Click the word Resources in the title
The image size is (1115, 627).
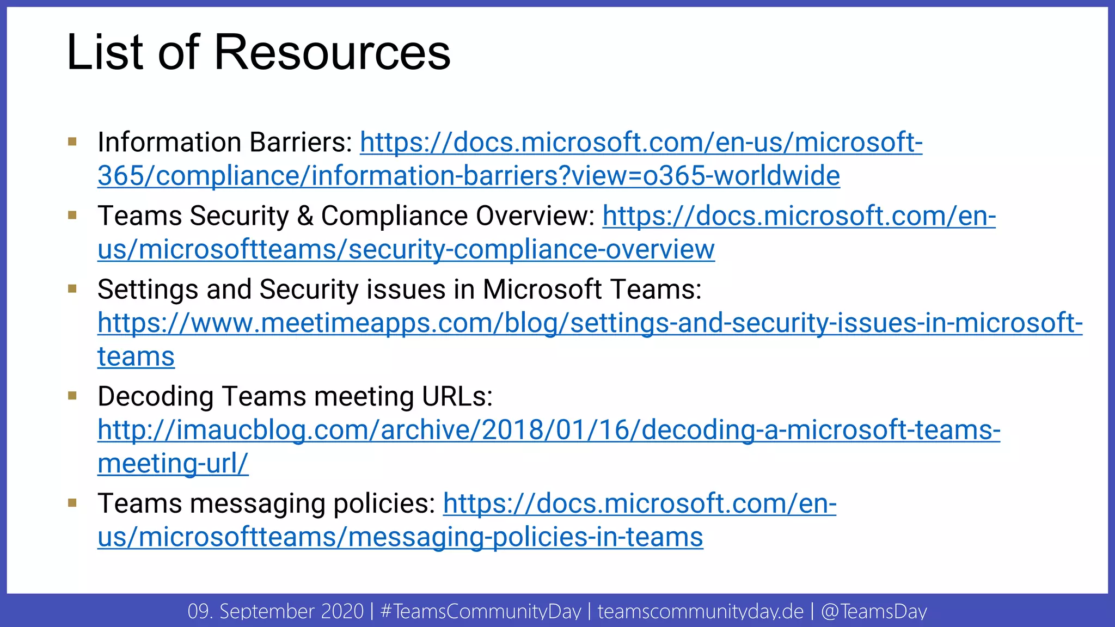(332, 52)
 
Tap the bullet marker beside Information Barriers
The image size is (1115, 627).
(72, 142)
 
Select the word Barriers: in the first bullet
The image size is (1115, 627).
(301, 142)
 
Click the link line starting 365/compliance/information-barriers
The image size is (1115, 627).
(468, 176)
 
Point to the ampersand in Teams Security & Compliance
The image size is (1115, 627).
(305, 216)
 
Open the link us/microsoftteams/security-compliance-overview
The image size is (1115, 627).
(406, 250)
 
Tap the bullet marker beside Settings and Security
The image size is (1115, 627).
(72, 288)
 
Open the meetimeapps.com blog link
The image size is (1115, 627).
(590, 323)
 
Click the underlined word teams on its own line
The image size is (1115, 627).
(136, 357)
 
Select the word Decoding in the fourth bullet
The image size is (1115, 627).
(155, 396)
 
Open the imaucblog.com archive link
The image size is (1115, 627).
(548, 430)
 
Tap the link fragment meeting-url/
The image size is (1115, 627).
(173, 464)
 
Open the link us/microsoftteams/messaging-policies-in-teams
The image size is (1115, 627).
(400, 537)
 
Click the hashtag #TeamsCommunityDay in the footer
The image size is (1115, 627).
(481, 611)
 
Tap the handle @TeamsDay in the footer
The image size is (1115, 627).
(874, 611)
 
